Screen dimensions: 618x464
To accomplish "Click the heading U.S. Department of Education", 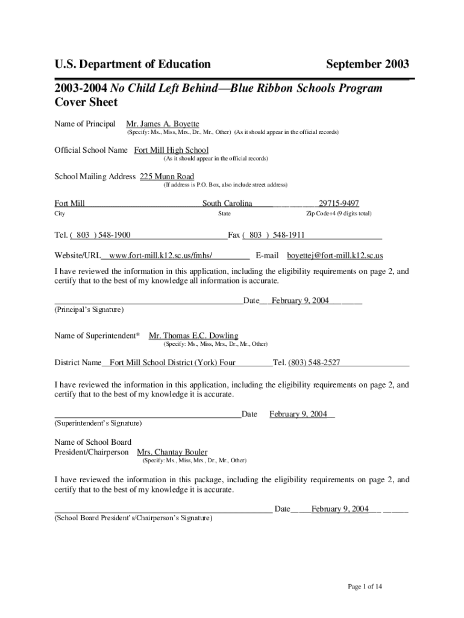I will coord(133,64).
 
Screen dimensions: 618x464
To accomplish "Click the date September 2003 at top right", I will coord(368,64).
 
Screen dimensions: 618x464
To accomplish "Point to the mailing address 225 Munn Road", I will coord(167,177).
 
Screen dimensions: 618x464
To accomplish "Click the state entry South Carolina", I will coord(227,203).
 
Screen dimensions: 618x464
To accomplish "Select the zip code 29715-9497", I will coord(339,203).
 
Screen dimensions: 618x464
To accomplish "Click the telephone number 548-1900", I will coord(111,235).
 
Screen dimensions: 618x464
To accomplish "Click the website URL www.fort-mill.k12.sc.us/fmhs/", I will coord(161,256).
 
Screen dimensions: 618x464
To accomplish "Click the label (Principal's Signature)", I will coord(89,310).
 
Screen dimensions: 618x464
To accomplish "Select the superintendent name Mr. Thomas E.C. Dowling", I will coord(193,336).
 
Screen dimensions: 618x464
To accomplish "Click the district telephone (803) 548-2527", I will coord(314,362).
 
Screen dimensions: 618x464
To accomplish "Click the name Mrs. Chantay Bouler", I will coord(172,452).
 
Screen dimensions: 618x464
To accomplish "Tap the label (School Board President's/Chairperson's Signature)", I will coord(133,518).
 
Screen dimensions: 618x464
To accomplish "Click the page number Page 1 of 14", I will coord(365,586).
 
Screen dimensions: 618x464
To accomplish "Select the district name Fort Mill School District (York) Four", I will coord(173,362).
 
